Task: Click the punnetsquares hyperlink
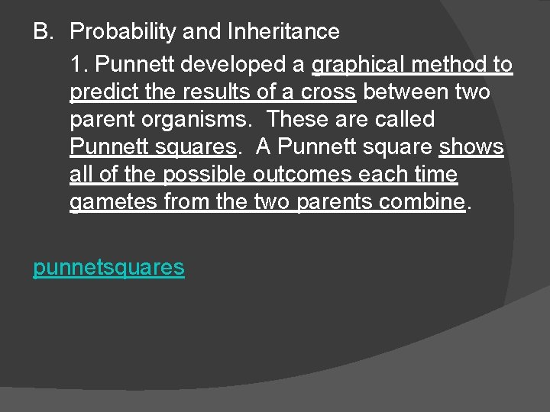pos(108,267)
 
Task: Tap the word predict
pos(102,92)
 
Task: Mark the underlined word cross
pos(328,92)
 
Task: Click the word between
pos(409,92)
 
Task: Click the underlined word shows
pos(471,147)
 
